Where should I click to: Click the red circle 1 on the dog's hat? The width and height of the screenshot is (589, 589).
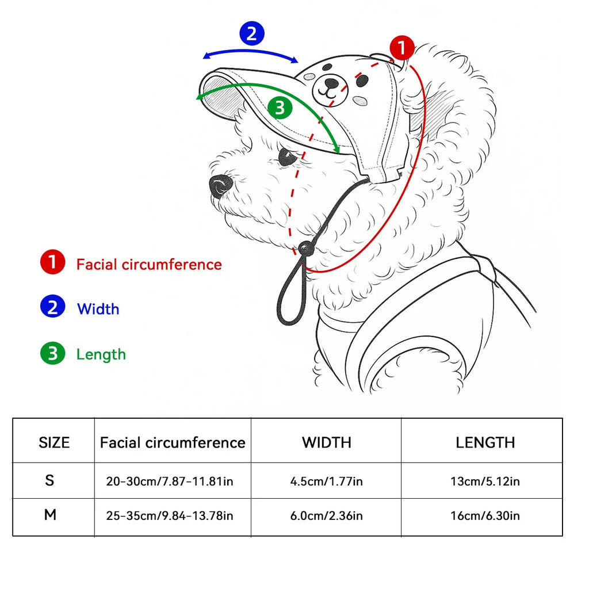401,48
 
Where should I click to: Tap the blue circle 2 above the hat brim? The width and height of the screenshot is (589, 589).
251,35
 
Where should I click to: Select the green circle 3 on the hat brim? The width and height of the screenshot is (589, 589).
280,108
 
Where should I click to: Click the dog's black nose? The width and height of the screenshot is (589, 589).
220,185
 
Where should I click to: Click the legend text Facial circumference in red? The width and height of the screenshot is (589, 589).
149,265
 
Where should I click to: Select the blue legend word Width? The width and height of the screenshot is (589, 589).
98,309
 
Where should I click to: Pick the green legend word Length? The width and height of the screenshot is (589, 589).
101,354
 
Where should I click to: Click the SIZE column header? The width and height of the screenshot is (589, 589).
54,442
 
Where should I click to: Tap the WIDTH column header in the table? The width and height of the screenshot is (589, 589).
326,442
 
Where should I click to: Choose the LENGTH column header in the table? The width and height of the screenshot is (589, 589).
485,442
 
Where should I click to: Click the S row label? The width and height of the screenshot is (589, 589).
50,480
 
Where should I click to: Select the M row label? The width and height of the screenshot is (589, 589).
50,515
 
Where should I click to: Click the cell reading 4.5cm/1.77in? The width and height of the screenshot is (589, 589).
326,481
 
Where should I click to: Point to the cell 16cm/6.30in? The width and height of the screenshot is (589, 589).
485,515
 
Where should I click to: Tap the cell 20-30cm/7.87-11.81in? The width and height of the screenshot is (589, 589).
170,481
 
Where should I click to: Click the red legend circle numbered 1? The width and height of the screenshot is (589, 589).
52,263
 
